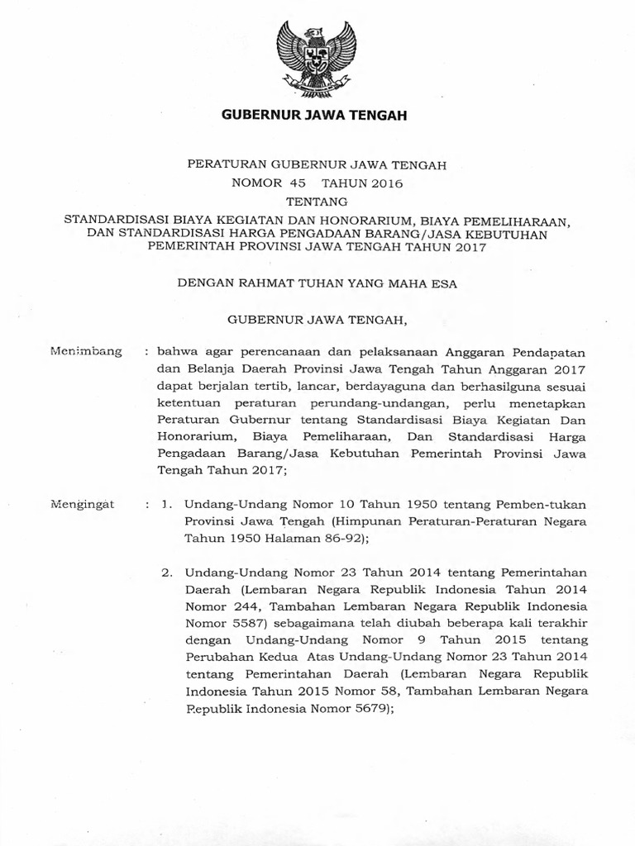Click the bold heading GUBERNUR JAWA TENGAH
(315, 116)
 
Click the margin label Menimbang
(86, 351)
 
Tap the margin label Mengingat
(84, 502)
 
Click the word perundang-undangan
(376, 403)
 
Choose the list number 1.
(166, 502)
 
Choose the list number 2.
(166, 571)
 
